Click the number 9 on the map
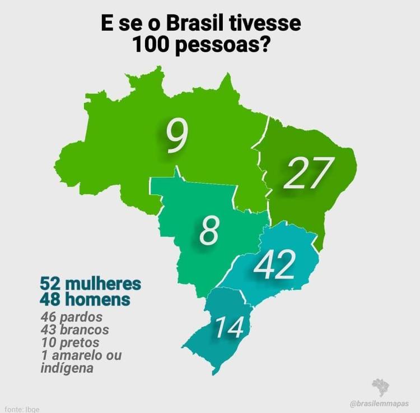[176, 135]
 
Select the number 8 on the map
[208, 231]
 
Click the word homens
[100, 299]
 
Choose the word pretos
[80, 342]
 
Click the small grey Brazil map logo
[381, 387]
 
